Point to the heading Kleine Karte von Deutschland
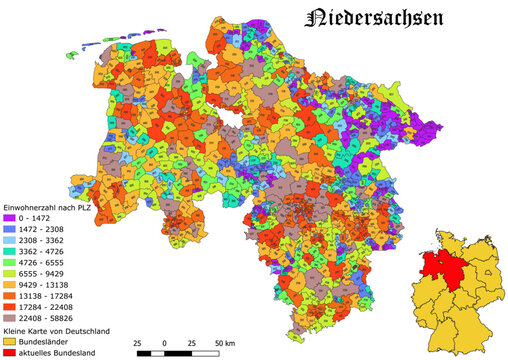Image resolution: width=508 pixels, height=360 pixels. point(59,331)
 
